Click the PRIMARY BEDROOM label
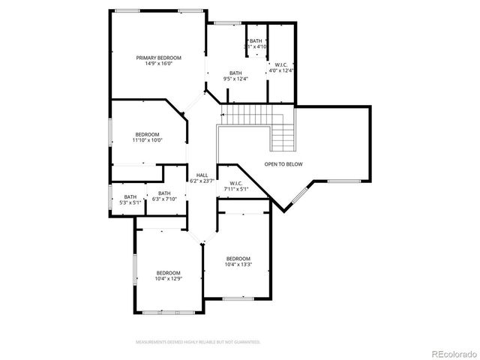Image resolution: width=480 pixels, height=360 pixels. click(x=158, y=58)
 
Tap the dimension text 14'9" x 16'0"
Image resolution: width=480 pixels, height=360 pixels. click(x=158, y=64)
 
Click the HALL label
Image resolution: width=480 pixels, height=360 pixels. click(x=202, y=175)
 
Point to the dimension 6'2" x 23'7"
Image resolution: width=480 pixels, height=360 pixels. click(x=202, y=181)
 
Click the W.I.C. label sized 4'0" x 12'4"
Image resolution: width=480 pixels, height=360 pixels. click(x=281, y=64)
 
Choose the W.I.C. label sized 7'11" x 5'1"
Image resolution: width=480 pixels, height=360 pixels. click(x=235, y=183)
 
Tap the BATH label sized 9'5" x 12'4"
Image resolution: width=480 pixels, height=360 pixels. click(x=235, y=73)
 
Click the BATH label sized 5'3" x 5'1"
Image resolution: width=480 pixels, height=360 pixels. click(x=130, y=196)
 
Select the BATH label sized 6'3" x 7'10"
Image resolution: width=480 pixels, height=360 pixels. click(x=164, y=193)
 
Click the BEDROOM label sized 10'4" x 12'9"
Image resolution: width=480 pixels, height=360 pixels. click(x=168, y=272)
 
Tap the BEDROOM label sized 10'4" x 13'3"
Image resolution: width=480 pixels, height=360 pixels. click(x=238, y=258)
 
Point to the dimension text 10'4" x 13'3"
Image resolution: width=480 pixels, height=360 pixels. click(x=238, y=264)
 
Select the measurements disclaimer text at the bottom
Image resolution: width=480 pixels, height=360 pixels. click(x=198, y=342)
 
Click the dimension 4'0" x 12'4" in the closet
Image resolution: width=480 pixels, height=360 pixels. click(x=281, y=70)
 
